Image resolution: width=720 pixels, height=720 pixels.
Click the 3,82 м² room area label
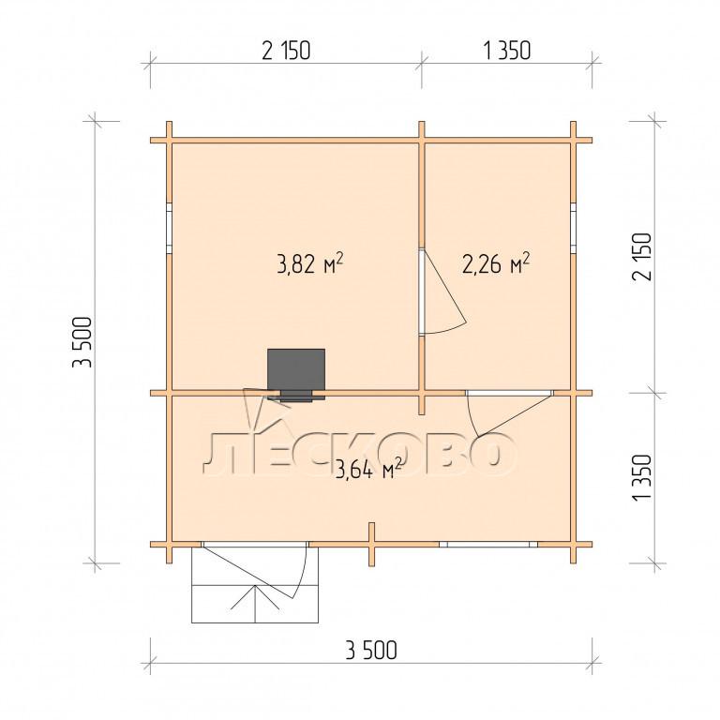tap(310, 264)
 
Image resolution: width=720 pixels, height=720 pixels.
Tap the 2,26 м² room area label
tap(496, 264)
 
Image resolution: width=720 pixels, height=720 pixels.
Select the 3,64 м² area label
tap(369, 469)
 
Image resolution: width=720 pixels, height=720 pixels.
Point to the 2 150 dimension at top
tap(286, 51)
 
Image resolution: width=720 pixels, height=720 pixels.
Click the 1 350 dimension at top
tap(507, 51)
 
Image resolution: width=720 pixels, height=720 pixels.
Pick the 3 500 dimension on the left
tap(83, 342)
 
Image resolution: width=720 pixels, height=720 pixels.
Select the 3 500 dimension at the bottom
tap(371, 651)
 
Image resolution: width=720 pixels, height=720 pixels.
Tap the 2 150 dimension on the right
tap(642, 257)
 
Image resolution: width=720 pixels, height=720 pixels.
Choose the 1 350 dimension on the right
tap(642, 477)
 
